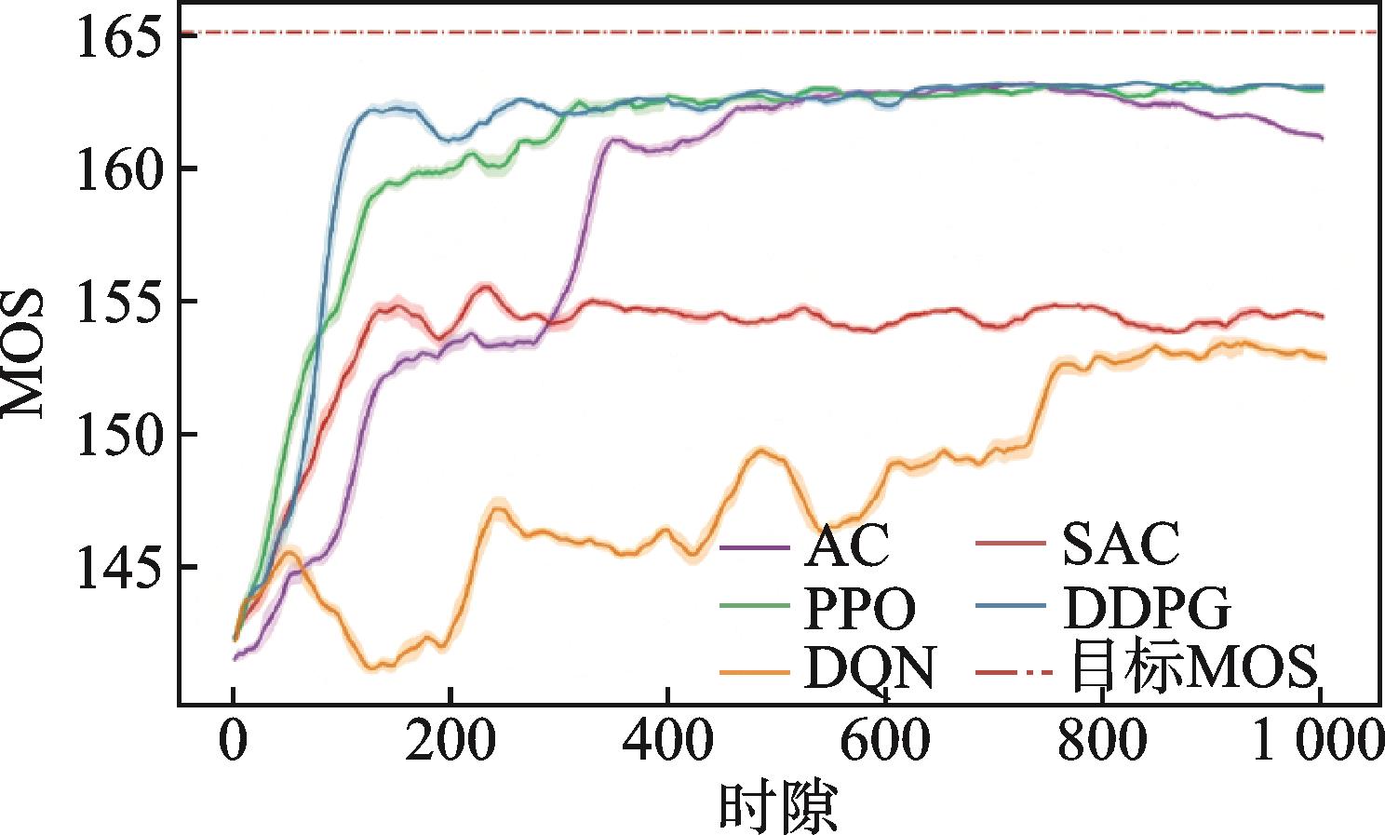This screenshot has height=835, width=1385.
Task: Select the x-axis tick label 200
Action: coord(450,744)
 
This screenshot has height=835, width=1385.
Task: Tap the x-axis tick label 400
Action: coord(667,744)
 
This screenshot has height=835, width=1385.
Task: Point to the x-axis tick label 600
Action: coord(885,744)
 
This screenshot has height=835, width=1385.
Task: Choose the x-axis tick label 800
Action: coord(1102,744)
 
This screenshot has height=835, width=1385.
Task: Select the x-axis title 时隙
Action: coord(778,806)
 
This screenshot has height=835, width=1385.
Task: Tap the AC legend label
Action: coord(846,546)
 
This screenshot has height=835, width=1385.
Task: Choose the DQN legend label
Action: coord(868,669)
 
